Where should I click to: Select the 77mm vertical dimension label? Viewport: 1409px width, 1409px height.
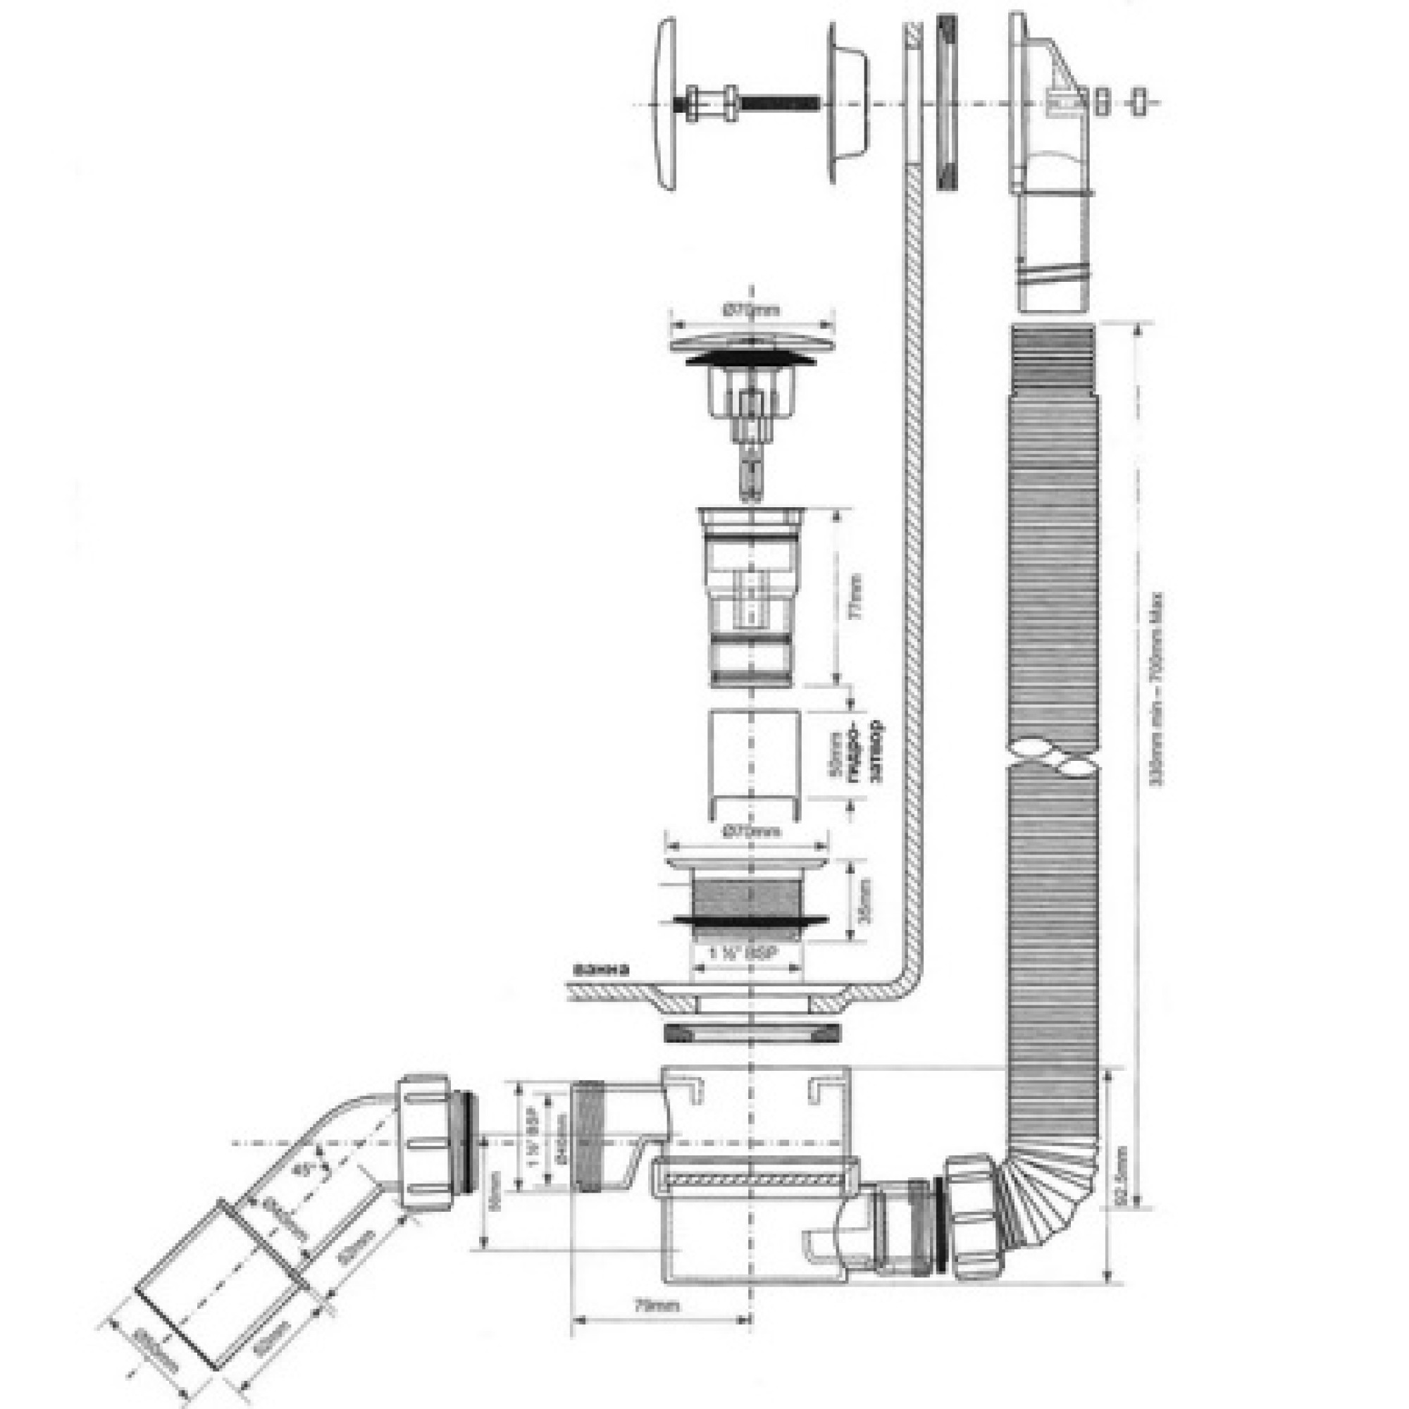point(857,604)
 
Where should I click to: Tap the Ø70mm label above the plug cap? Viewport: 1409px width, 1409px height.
point(751,310)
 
